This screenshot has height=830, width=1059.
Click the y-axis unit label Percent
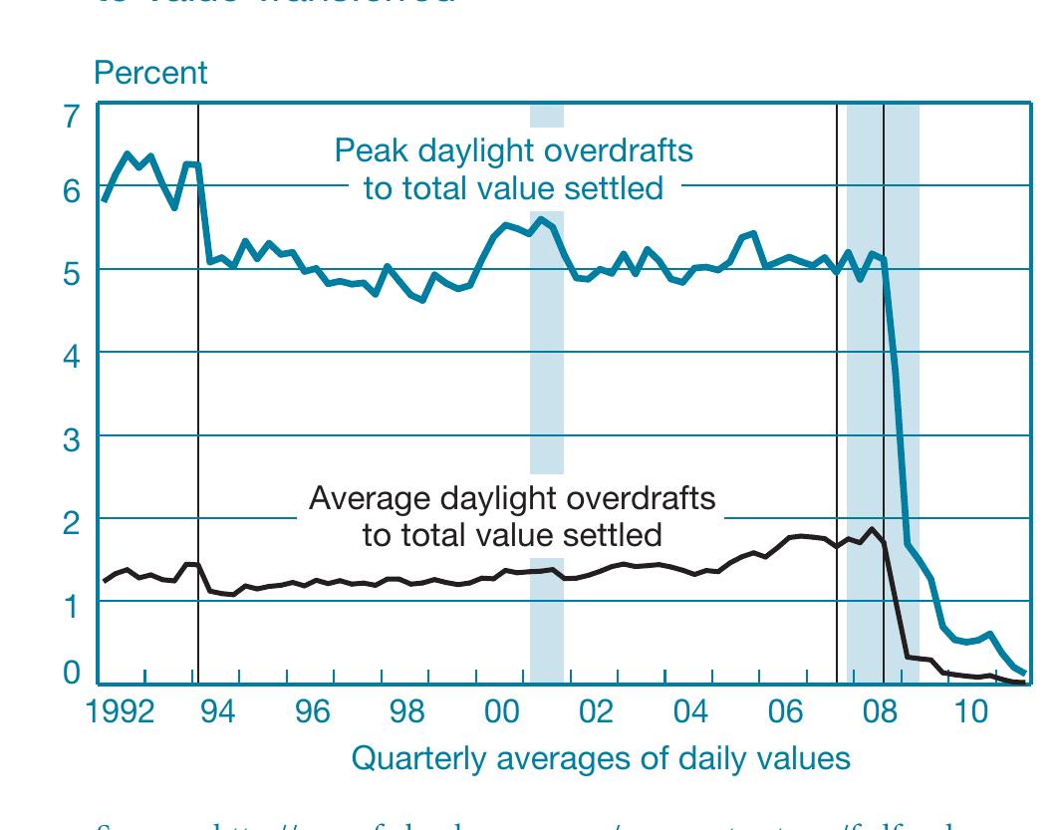pyautogui.click(x=150, y=73)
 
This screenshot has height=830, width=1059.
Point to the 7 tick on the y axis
pyautogui.click(x=71, y=118)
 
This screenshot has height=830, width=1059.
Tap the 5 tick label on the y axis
pyautogui.click(x=71, y=275)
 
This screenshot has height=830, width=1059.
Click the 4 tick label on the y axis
pyautogui.click(x=71, y=358)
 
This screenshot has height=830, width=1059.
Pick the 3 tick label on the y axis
pyautogui.click(x=71, y=440)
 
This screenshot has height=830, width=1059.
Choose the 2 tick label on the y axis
pyautogui.click(x=71, y=523)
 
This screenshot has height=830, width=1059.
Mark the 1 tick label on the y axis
pyautogui.click(x=71, y=606)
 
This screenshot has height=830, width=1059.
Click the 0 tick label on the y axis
pyautogui.click(x=71, y=674)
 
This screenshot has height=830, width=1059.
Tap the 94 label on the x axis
pyautogui.click(x=217, y=712)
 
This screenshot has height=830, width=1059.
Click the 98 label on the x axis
pyautogui.click(x=406, y=712)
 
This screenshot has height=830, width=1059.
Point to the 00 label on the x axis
pyautogui.click(x=501, y=712)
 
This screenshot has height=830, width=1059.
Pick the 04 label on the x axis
pyautogui.click(x=690, y=712)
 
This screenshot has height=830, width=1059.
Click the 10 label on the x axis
pyautogui.click(x=970, y=712)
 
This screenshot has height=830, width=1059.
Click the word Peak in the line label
pyautogui.click(x=367, y=151)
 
